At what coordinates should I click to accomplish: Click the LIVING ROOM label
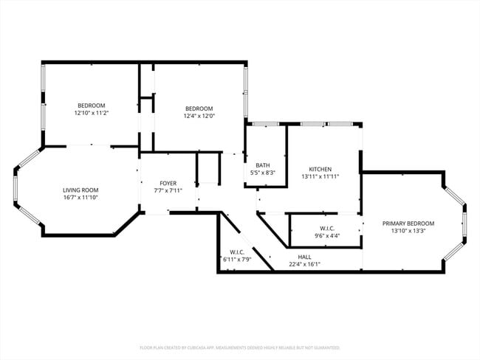coord(80,190)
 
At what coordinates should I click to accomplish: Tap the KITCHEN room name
coord(320,169)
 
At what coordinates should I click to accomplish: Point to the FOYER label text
coord(168,183)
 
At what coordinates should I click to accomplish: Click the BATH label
coord(262,165)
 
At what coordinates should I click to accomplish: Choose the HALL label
coord(304,257)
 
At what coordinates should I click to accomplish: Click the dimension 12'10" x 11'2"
coord(92,114)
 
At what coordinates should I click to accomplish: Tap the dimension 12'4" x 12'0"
coord(199,115)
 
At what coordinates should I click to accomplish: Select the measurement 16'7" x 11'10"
coord(80,198)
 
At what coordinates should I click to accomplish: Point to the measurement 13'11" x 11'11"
coord(320,177)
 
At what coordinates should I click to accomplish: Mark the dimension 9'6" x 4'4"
coord(326,235)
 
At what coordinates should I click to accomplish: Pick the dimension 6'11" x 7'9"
coord(237,260)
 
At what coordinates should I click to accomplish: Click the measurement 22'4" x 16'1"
coord(304,264)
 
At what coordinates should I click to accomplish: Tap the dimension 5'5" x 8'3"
coord(262,173)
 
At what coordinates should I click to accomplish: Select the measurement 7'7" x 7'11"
coord(168,191)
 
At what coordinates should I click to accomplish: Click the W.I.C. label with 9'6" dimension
coord(326,228)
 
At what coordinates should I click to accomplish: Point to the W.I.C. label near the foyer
coord(237,252)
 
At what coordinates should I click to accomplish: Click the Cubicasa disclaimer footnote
coord(239,347)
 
